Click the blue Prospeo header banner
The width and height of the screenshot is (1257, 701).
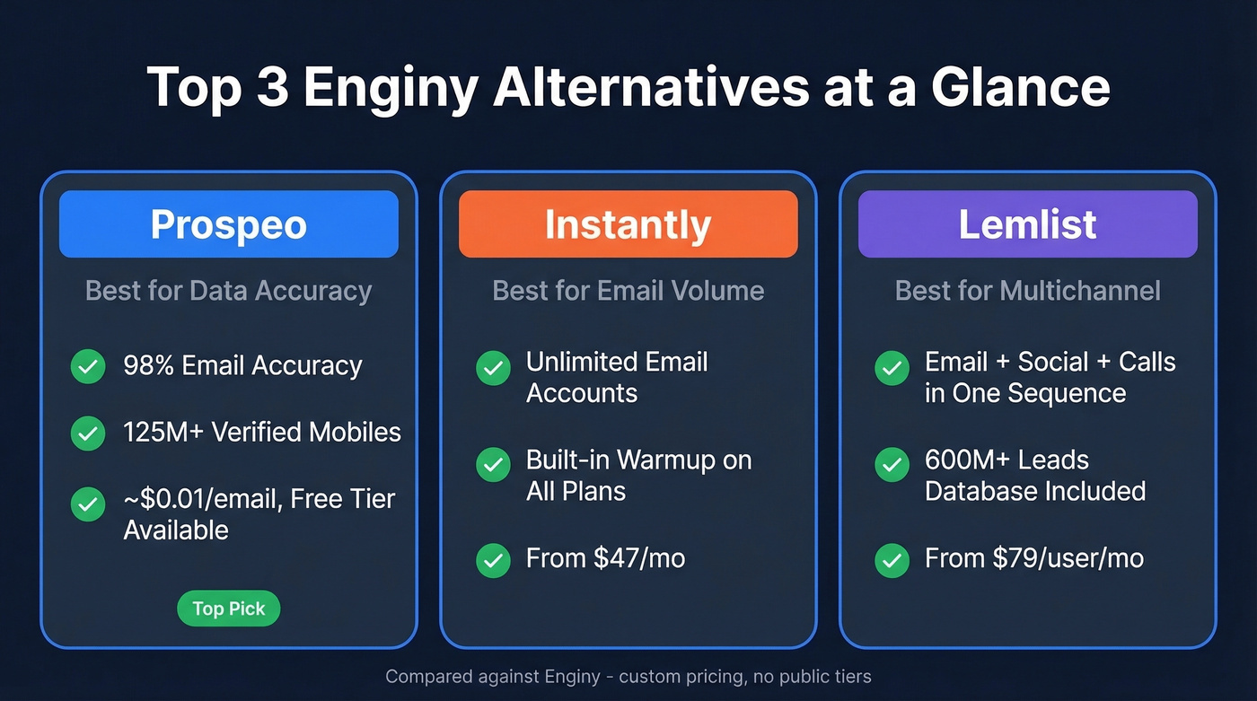(x=228, y=224)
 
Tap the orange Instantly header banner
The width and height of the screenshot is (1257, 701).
(x=628, y=224)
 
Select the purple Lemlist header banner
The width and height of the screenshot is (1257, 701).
(x=1027, y=224)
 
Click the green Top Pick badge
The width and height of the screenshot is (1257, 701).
(x=229, y=609)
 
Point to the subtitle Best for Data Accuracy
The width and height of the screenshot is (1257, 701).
(x=228, y=291)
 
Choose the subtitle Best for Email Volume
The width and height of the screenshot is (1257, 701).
(x=628, y=291)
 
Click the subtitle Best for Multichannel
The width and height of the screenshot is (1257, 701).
(x=1027, y=291)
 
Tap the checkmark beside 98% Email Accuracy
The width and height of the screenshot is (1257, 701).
(x=88, y=366)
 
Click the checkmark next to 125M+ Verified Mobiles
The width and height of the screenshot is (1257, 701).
(x=88, y=433)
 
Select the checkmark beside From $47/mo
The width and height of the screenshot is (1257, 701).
(x=493, y=559)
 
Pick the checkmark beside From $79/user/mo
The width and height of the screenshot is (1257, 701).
(x=892, y=559)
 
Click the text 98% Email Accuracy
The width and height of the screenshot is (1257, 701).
(x=242, y=366)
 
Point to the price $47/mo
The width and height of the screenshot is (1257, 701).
(x=639, y=558)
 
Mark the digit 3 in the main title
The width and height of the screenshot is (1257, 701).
(x=271, y=88)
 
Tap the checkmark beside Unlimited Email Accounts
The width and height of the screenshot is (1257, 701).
(x=493, y=368)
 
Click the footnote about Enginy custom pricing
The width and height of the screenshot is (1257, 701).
(x=628, y=676)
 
